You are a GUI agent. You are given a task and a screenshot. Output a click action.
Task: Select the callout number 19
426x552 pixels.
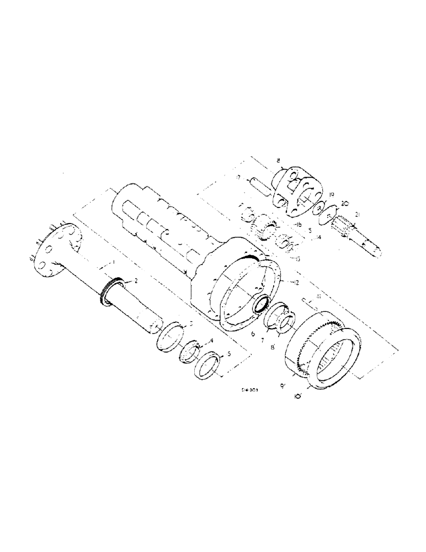click(x=331, y=195)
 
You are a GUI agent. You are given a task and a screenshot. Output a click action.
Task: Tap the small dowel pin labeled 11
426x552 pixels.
click(x=306, y=301)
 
